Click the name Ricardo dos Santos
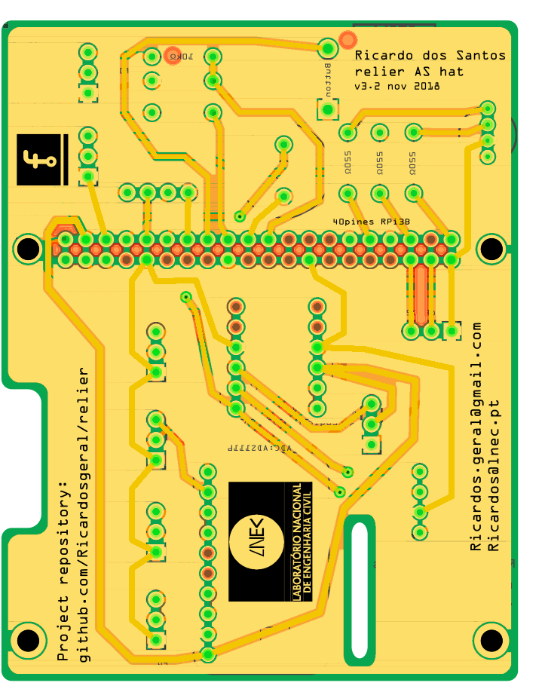coord(430,56)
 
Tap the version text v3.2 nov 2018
coord(397,87)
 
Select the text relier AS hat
coord(409,72)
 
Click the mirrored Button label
coord(328,78)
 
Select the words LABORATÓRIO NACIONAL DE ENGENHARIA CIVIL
coord(301,542)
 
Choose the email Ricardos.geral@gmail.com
coord(476,437)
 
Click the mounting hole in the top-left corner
coord(29,248)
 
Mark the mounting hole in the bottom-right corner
coord(491,641)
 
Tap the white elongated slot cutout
coord(359,590)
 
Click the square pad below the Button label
coord(328,110)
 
